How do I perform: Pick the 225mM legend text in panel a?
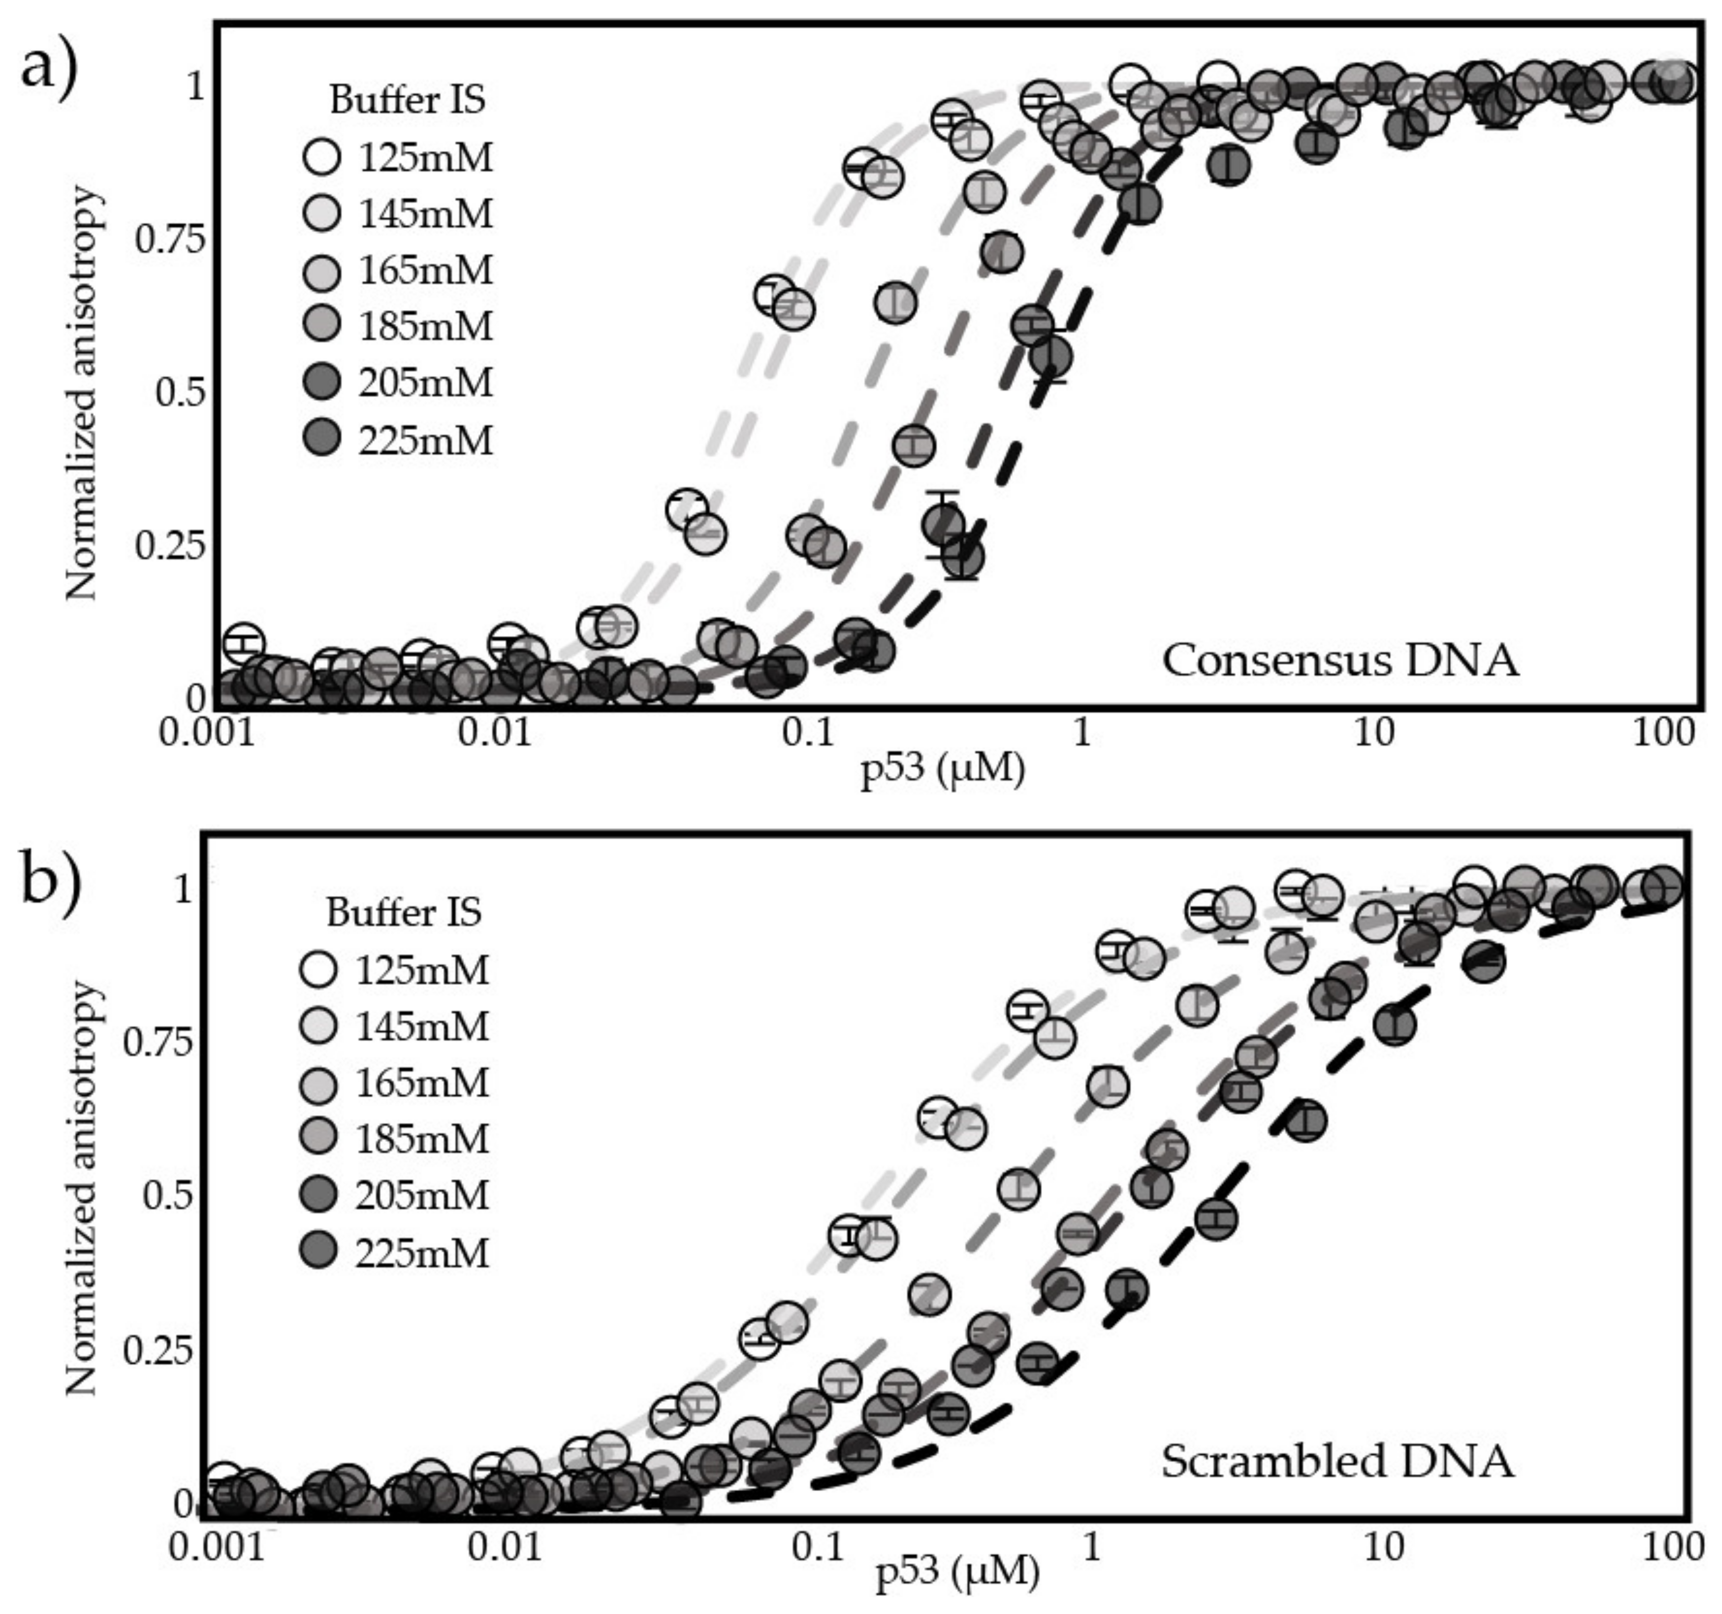425,441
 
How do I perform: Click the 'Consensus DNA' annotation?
1339,661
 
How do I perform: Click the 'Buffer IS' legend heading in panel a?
407,100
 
